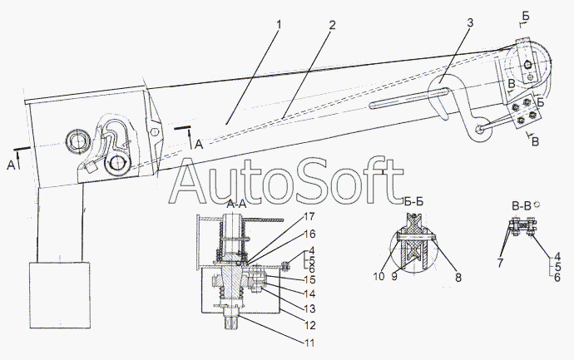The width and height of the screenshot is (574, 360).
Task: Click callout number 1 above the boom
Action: [279, 25]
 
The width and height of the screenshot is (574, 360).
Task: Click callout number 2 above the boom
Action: [332, 25]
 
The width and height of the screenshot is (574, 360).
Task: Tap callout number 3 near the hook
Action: [470, 22]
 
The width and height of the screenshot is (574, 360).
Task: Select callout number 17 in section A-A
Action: [309, 217]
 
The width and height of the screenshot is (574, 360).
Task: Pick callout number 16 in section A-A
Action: [309, 234]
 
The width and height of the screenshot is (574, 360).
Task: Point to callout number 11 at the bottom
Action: [309, 343]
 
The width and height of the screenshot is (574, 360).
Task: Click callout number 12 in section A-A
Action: [309, 325]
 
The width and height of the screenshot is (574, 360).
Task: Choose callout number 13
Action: [309, 309]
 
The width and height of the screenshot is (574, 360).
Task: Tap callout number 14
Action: [309, 293]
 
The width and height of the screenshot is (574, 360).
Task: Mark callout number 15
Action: [309, 279]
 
